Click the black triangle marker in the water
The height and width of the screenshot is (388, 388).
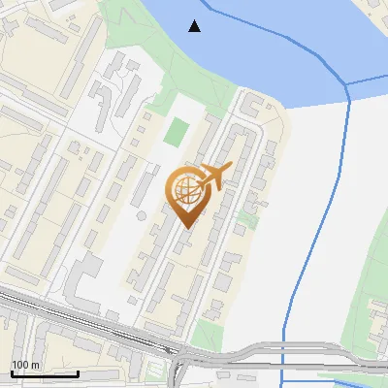click(x=195, y=26)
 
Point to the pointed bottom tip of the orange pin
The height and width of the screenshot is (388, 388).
click(x=185, y=228)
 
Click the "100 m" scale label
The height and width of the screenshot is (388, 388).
click(x=24, y=365)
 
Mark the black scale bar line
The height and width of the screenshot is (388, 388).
click(x=45, y=373)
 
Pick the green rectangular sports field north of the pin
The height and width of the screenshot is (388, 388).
click(x=176, y=131)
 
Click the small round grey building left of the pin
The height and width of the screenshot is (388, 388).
click(x=142, y=213)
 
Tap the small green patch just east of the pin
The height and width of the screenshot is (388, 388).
click(x=248, y=220)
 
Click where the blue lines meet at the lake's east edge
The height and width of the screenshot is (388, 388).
click(x=347, y=85)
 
